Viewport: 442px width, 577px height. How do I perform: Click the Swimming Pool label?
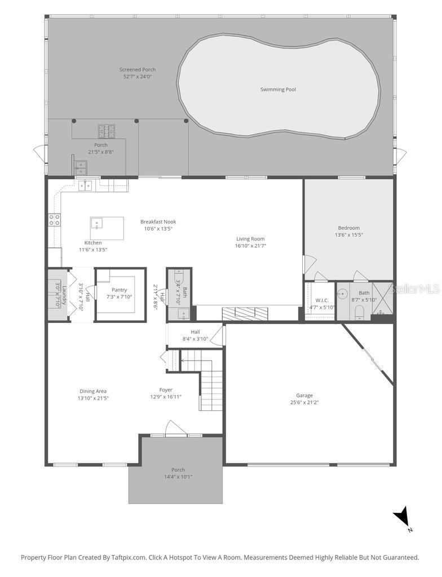point(278,90)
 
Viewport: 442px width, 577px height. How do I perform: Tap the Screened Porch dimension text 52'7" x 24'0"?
point(138,76)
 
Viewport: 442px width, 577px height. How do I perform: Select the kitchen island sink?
point(97,223)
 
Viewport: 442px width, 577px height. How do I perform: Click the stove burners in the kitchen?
point(54,220)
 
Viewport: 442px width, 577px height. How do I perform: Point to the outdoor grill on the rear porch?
point(105,131)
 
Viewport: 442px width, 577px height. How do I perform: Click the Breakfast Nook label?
point(158,222)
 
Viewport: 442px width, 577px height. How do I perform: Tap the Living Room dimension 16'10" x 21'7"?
point(250,246)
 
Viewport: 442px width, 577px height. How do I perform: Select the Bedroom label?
point(348,228)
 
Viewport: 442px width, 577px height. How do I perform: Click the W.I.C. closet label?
point(322,300)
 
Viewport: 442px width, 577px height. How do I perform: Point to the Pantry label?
point(119,290)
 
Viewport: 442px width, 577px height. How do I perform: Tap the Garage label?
point(304,395)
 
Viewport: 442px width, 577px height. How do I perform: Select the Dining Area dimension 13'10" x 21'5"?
point(93,398)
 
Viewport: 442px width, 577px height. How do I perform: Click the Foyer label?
point(166,389)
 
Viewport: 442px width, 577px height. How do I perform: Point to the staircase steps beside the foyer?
point(210,389)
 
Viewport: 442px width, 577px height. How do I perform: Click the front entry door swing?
point(175,428)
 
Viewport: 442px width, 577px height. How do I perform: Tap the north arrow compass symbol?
point(402,517)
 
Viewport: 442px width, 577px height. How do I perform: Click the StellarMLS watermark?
point(417,289)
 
